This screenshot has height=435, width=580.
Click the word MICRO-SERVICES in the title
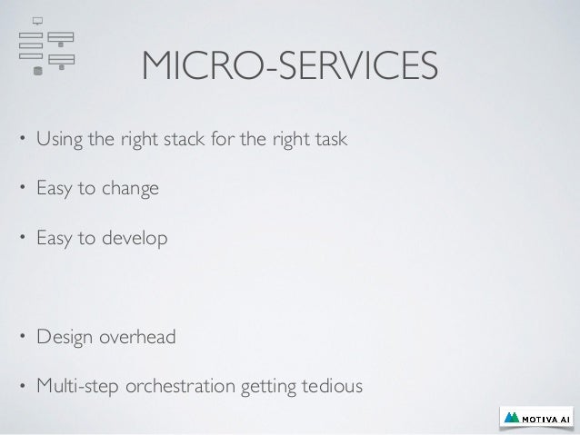289,65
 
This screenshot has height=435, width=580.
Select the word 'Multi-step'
72,388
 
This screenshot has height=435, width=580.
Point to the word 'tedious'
331,388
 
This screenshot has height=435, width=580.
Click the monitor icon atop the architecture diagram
37,20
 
